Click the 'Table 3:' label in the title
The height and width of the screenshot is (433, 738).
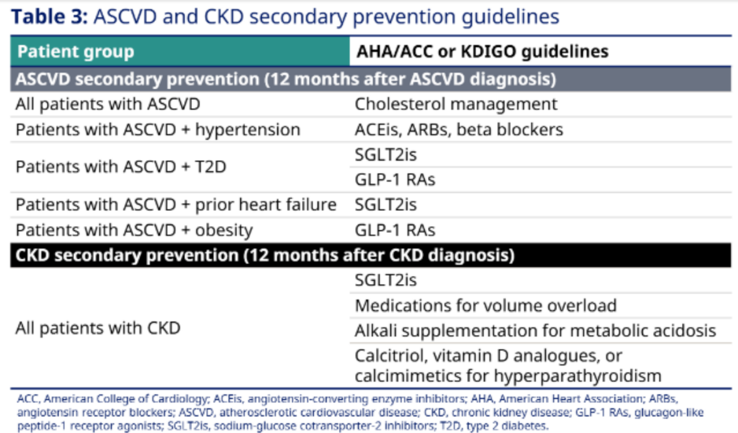[x=50, y=17]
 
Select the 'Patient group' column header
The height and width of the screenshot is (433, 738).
[x=76, y=51]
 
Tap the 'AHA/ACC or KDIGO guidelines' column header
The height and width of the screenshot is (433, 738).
[x=482, y=51]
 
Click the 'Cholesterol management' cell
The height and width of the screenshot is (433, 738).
[x=456, y=104]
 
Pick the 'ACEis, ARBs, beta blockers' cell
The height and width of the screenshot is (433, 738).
[x=459, y=130]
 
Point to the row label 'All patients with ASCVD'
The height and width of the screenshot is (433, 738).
[x=108, y=104]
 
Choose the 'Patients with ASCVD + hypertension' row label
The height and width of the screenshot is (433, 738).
[x=157, y=130]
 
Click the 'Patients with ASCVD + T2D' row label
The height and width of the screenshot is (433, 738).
[x=121, y=167]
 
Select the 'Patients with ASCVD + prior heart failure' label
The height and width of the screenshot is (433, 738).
[x=176, y=205]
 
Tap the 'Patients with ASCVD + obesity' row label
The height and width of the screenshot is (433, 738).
[x=134, y=231]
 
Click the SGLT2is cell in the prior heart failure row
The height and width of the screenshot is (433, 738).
[x=386, y=205]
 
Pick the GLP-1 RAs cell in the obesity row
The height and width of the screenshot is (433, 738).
[x=395, y=231]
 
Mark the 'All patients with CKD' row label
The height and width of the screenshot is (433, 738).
[x=98, y=328]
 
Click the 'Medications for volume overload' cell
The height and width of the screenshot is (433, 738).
[x=485, y=305]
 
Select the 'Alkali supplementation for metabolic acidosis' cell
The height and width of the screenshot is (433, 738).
[x=535, y=331]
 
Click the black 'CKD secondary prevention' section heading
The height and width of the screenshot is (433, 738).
[x=265, y=255]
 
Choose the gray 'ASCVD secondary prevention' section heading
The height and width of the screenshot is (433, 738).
[x=286, y=80]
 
